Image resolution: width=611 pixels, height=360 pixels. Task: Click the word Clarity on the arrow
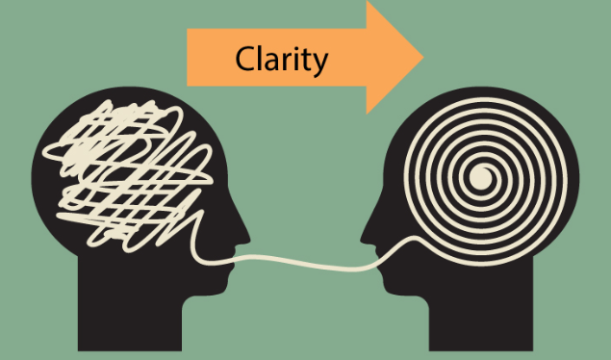click(282, 60)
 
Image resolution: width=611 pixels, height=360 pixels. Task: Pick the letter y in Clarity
click(319, 64)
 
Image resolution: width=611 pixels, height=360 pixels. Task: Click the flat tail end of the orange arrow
click(190, 58)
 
